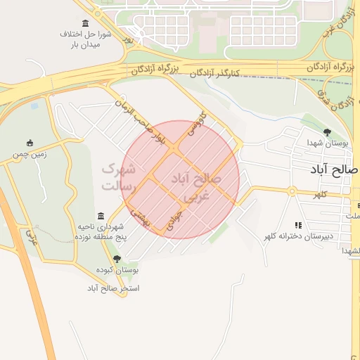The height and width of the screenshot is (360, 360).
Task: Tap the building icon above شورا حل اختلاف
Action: [x=86, y=23]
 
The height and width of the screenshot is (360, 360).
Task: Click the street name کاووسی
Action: [x=194, y=123]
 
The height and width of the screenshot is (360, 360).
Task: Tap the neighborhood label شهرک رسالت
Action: [x=119, y=177]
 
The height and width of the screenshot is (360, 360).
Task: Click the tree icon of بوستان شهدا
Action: [x=327, y=132]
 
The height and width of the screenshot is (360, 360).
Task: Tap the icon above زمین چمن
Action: [x=29, y=143]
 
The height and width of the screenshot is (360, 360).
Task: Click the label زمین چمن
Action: [x=29, y=154]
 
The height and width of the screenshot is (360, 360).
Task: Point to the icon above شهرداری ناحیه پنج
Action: [x=101, y=215]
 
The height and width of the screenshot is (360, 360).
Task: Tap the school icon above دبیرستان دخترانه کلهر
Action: [x=298, y=225]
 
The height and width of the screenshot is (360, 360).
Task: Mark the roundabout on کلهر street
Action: [x=290, y=191]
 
